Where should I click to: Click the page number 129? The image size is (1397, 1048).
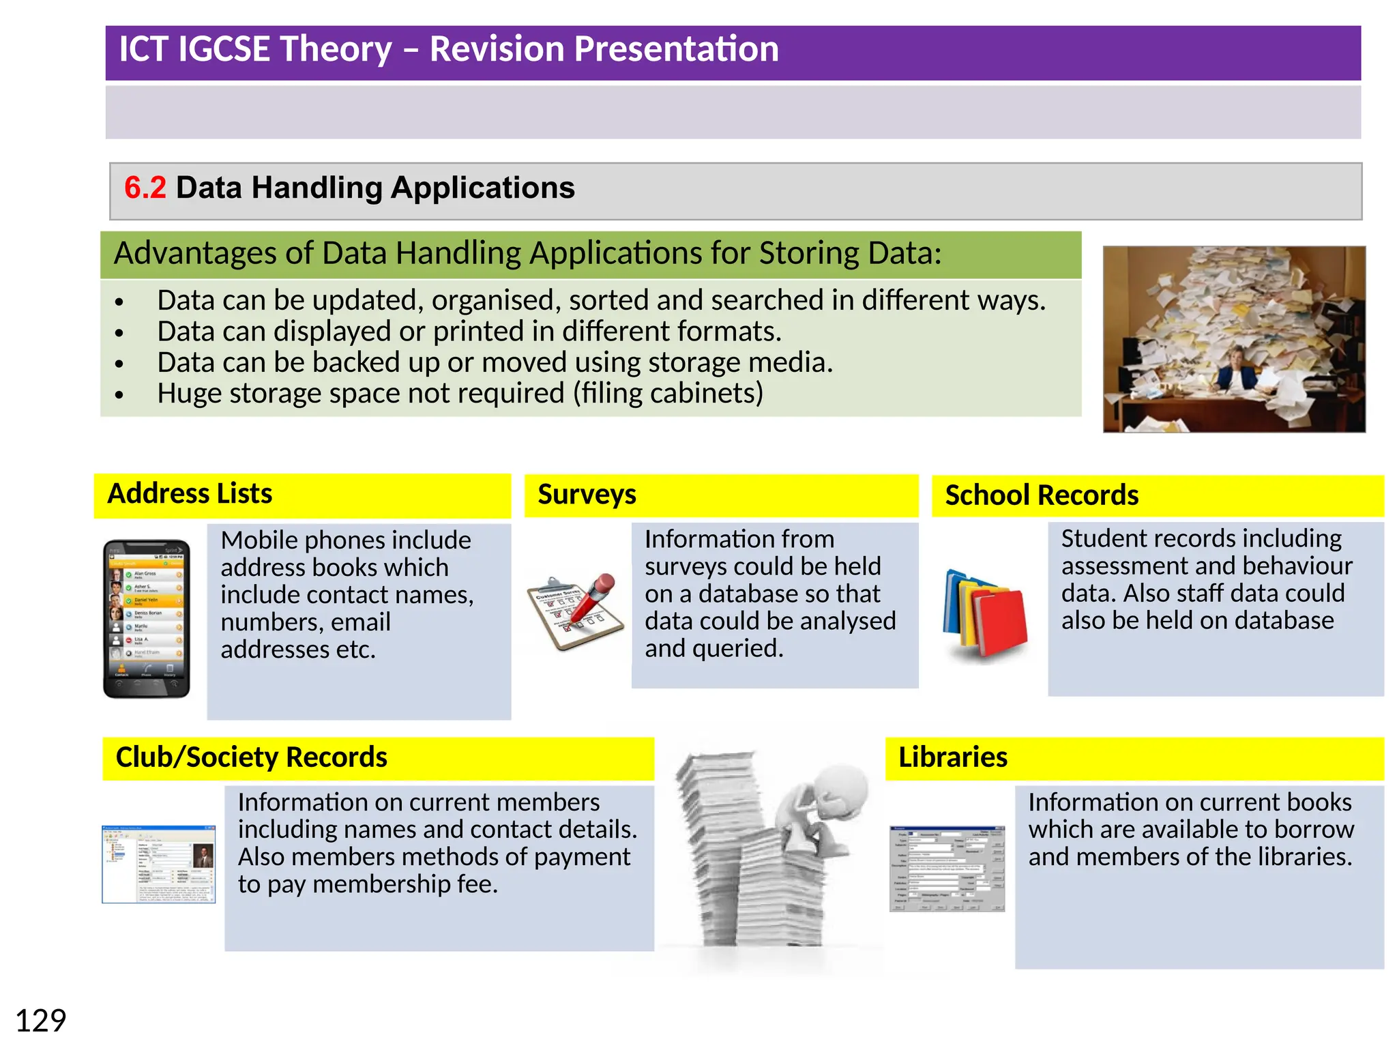point(40,1021)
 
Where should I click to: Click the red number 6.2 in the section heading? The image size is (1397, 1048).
point(145,188)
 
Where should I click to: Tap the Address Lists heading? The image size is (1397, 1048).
point(190,493)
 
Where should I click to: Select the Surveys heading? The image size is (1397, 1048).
point(587,494)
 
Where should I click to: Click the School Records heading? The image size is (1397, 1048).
point(1042,495)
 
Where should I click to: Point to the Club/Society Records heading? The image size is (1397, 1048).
point(251,757)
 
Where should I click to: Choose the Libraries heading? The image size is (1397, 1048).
point(952,757)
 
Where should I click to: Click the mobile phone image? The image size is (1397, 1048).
point(146,618)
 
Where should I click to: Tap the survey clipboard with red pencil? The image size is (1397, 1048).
point(576,611)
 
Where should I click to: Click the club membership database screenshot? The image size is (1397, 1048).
point(159,864)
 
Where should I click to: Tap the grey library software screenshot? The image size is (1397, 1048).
point(947,868)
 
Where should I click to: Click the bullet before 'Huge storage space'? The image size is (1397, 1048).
point(119,394)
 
